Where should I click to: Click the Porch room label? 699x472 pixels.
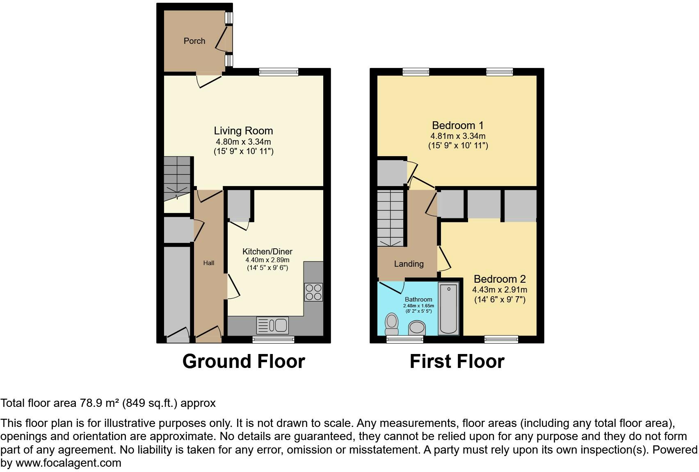click(194, 41)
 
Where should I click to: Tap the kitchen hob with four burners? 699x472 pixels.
click(313, 292)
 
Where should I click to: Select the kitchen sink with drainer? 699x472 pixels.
click(272, 326)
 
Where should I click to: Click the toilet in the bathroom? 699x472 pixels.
click(392, 324)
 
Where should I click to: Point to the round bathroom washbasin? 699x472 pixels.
click(418, 328)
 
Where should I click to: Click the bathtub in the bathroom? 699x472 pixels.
click(448, 308)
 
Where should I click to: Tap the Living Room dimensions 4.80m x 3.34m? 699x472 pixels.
click(243, 142)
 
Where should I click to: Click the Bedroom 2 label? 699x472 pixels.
click(500, 279)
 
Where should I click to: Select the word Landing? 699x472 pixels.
click(409, 264)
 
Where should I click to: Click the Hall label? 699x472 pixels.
click(208, 263)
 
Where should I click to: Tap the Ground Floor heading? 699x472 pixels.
click(243, 361)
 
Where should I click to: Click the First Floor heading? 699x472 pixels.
click(457, 361)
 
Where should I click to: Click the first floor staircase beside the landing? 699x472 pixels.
click(391, 218)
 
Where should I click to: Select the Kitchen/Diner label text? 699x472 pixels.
click(267, 252)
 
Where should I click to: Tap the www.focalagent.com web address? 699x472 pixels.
click(69, 463)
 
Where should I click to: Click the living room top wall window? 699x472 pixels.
click(279, 72)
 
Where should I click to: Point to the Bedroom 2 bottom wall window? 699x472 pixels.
click(501, 339)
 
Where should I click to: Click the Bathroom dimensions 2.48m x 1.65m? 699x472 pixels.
click(418, 306)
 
